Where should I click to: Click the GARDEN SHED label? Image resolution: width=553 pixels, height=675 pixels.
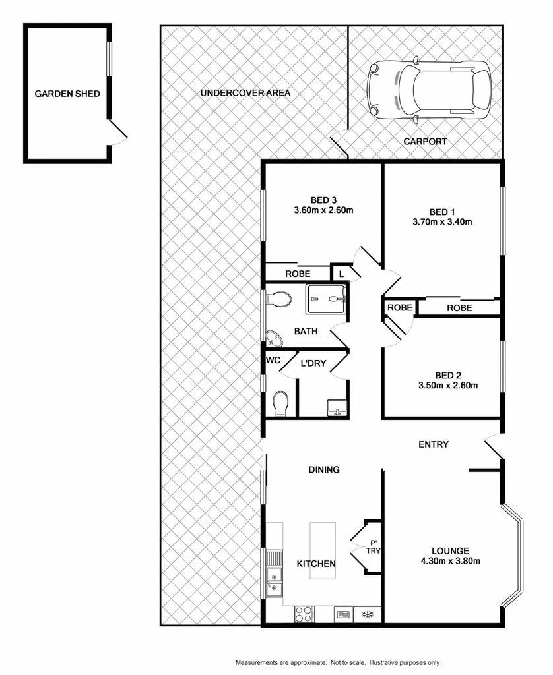click(x=67, y=94)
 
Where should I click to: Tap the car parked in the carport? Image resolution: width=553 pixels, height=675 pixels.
click(x=430, y=90)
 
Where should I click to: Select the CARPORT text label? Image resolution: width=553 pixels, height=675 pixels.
click(x=425, y=141)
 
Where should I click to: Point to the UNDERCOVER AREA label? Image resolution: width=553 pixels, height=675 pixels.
click(x=245, y=93)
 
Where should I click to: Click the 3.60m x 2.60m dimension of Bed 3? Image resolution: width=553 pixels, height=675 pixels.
click(x=323, y=211)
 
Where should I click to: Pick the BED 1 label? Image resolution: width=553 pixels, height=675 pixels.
click(x=442, y=211)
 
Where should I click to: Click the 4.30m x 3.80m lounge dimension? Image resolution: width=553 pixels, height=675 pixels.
click(x=451, y=562)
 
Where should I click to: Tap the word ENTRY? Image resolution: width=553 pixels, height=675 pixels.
click(x=434, y=444)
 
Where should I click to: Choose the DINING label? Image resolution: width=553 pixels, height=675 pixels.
click(x=324, y=470)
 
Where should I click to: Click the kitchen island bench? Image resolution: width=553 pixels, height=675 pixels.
click(x=323, y=550)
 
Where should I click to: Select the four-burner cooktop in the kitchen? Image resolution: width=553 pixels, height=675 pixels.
click(x=304, y=614)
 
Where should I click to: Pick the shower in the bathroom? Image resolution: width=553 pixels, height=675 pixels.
click(x=326, y=299)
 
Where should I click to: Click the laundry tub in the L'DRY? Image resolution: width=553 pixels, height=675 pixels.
click(x=337, y=407)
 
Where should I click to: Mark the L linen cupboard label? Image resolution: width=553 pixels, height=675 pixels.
click(x=341, y=273)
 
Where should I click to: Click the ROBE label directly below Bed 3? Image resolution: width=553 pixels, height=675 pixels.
click(x=298, y=273)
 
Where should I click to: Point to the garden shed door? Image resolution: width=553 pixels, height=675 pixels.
click(x=117, y=134)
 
